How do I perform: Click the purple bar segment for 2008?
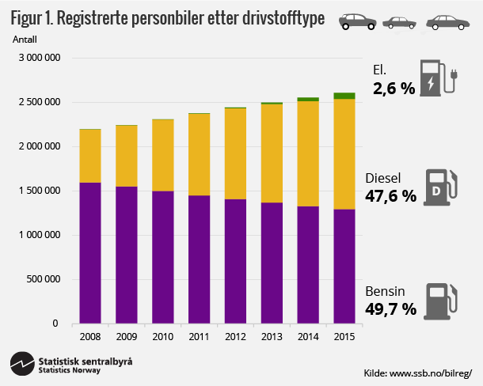click(x=90, y=253)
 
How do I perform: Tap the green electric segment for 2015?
click(x=344, y=96)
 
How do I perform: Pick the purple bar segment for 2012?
click(x=235, y=261)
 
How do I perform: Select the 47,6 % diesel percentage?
click(x=390, y=195)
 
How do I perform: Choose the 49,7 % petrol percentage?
click(x=390, y=308)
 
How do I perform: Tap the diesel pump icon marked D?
click(x=438, y=187)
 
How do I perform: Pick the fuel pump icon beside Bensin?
click(x=438, y=301)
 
